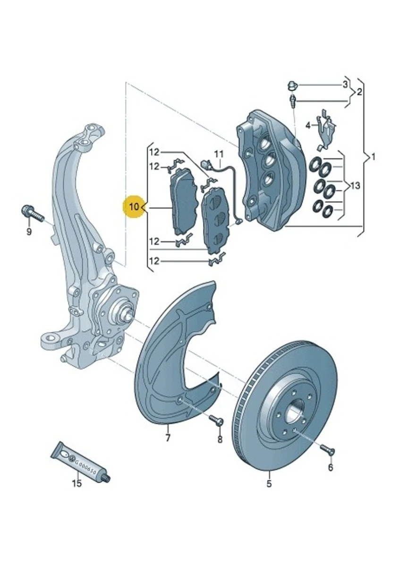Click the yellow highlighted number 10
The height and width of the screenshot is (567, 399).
pyautogui.click(x=134, y=206)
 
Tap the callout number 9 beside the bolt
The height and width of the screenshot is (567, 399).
pyautogui.click(x=29, y=232)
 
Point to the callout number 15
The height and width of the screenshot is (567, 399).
pyautogui.click(x=76, y=483)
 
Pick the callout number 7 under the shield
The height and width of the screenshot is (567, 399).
pyautogui.click(x=168, y=438)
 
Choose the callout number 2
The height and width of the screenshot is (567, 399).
pyautogui.click(x=359, y=92)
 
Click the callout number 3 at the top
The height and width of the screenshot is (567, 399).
pyautogui.click(x=345, y=85)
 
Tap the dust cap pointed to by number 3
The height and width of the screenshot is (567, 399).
pyautogui.click(x=291, y=86)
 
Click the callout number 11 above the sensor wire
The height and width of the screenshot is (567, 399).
pyautogui.click(x=218, y=154)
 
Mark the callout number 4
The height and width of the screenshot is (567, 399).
pyautogui.click(x=308, y=125)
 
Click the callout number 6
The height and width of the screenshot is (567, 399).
pyautogui.click(x=330, y=467)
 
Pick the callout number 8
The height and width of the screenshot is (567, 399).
pyautogui.click(x=219, y=439)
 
